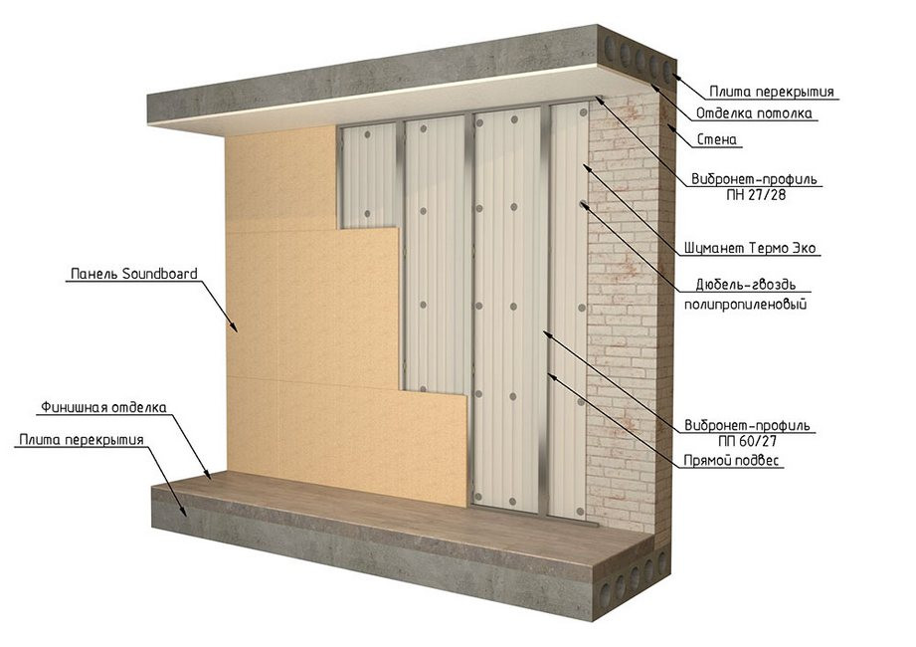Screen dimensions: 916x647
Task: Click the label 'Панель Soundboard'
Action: point(134,274)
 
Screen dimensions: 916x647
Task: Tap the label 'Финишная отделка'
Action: point(103,407)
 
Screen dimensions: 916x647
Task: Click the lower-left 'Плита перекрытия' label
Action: point(82,440)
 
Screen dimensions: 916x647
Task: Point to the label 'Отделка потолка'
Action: point(754,113)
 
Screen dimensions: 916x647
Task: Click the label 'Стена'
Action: point(717,139)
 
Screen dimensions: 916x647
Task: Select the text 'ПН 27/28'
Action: point(757,195)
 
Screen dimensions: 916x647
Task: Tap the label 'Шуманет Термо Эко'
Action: point(750,249)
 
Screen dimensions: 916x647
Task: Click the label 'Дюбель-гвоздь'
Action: point(745,285)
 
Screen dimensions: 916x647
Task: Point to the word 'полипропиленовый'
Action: point(745,304)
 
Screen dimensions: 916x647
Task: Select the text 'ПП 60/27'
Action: point(748,441)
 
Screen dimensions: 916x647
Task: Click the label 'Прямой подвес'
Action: point(731,461)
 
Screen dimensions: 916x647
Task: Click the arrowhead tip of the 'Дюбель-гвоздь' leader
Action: point(581,202)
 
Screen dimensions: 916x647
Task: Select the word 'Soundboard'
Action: point(159,274)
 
